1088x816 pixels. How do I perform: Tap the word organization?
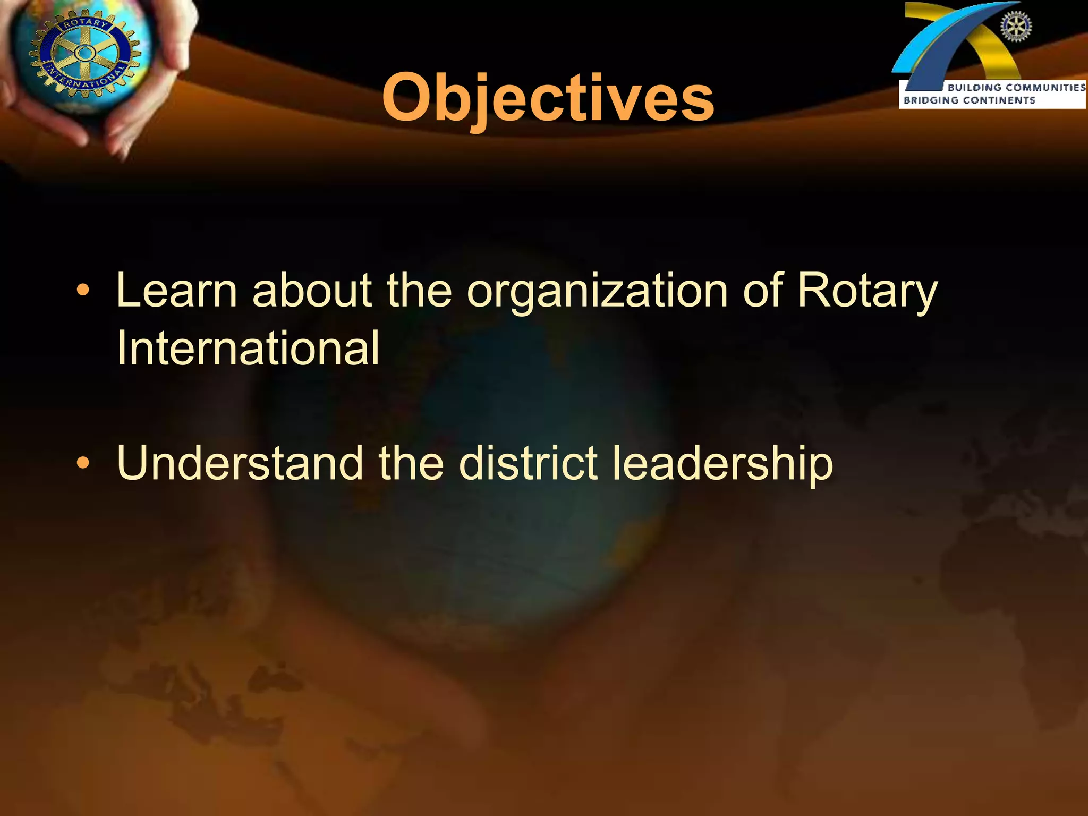[597, 291]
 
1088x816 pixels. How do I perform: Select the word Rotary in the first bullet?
[868, 291]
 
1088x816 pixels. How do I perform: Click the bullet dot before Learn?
[82, 291]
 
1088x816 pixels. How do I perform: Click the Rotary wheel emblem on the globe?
[84, 53]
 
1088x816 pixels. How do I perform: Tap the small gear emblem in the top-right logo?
[1016, 27]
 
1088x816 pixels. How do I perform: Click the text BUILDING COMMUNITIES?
[1016, 88]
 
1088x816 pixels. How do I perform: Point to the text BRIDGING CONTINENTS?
[969, 100]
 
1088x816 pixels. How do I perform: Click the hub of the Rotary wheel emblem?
[84, 53]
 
